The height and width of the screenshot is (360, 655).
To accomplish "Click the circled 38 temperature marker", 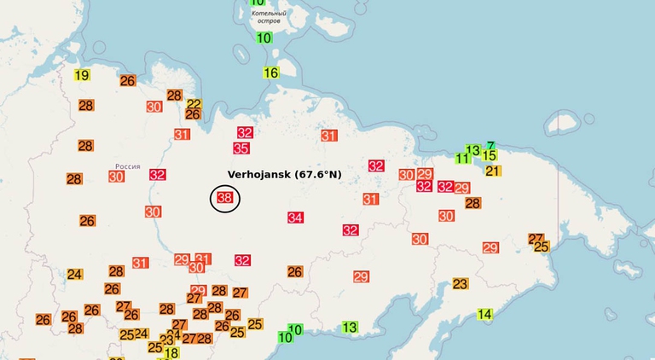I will (225, 199).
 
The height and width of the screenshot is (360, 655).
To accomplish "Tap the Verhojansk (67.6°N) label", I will (284, 174).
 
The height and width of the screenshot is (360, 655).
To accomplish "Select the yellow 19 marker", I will (82, 75).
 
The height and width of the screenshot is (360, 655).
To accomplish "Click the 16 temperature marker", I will (271, 73).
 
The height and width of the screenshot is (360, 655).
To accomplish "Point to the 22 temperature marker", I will (194, 104).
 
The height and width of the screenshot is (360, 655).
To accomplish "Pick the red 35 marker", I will (241, 148).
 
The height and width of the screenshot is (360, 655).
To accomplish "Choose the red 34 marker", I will (295, 218).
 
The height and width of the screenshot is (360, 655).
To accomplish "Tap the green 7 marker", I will (490, 146).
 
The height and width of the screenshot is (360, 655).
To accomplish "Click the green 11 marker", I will (462, 159).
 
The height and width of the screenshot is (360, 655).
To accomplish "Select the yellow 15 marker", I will (489, 155).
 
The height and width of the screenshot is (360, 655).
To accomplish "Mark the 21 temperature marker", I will (493, 171).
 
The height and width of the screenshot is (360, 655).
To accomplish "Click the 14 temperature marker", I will (484, 314).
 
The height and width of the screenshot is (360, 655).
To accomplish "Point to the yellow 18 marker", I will (171, 353).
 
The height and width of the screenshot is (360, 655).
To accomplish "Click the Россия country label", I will (127, 166).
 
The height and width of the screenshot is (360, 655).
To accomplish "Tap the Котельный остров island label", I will (262, 16).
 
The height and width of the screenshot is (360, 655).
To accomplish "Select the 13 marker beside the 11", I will (473, 150).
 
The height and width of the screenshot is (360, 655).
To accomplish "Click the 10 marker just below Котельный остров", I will (264, 38).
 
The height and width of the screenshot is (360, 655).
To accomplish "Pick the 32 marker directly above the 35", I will (246, 132).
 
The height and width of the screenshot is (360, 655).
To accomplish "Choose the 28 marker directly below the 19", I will (86, 105).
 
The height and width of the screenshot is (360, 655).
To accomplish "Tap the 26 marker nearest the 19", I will (128, 81).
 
